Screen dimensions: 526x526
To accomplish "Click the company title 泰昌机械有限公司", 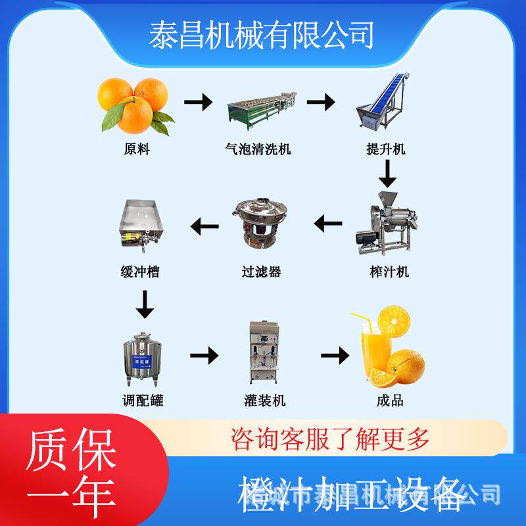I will pos(262,35).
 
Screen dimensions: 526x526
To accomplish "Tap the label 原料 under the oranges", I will pos(137,149).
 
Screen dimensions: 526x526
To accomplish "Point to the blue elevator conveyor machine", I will pos(385,105).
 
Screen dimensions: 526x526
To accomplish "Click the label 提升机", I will pos(386,149).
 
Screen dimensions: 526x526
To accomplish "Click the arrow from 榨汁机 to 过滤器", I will pos(328,225).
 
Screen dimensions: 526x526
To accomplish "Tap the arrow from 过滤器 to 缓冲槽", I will pos(204,227).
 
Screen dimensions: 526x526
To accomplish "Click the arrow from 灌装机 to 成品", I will pos(335,356).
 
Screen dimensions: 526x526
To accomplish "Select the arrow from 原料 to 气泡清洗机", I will pos(198,103).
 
